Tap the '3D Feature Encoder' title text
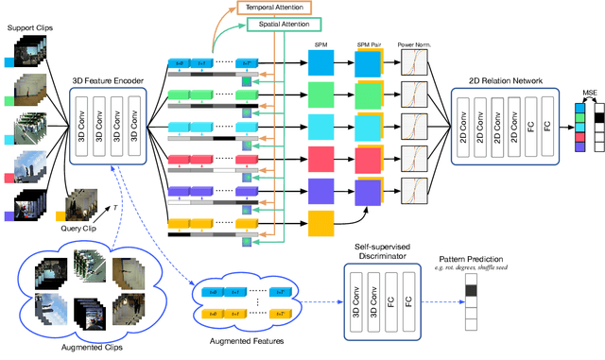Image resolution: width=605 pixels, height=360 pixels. point(109,81)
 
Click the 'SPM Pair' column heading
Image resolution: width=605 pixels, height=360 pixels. point(370,44)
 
